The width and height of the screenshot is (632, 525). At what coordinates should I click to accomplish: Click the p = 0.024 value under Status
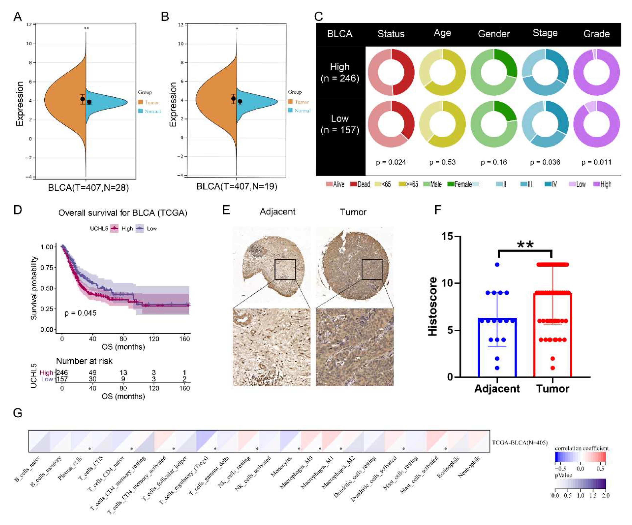click(391, 162)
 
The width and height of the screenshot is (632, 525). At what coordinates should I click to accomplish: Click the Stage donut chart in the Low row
click(545, 124)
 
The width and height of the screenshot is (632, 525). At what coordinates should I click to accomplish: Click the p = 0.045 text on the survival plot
click(80, 313)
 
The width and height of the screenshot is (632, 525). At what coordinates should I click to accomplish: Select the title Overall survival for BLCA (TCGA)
click(123, 213)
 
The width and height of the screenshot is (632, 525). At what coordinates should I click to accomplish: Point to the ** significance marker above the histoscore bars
click(525, 245)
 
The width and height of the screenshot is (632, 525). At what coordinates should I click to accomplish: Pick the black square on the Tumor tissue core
click(372, 269)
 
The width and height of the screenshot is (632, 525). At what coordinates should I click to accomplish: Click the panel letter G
click(17, 413)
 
